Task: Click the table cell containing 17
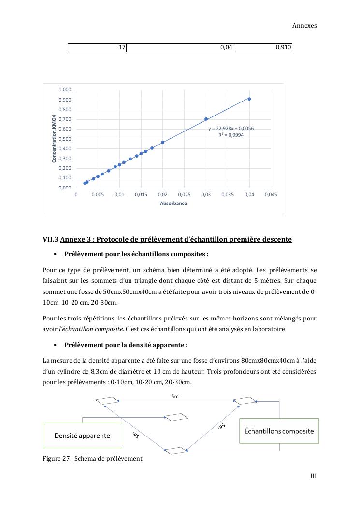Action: click(97, 47)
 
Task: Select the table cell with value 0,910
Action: click(262, 47)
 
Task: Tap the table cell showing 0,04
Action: click(179, 47)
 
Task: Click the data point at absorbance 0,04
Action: click(249, 99)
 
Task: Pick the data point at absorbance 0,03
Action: click(206, 119)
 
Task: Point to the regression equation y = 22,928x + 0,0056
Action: click(231, 129)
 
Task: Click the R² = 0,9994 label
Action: click(231, 135)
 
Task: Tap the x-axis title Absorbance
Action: click(173, 204)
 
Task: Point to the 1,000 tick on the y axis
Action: click(65, 90)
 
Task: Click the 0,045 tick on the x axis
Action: click(271, 195)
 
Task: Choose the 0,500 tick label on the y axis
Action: click(65, 139)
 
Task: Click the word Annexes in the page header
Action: click(304, 26)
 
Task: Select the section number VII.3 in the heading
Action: click(50, 239)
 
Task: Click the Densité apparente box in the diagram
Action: click(82, 436)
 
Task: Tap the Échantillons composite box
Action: click(279, 431)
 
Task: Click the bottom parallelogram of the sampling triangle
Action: click(175, 451)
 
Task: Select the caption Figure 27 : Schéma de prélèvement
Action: click(92, 458)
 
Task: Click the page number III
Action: click(313, 476)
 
